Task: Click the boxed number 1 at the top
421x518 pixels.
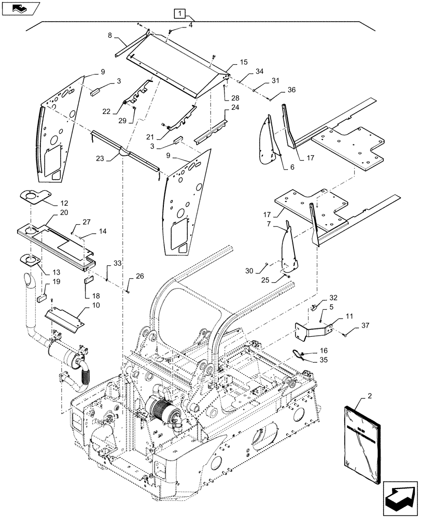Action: [178, 13]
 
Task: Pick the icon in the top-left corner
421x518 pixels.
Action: [19, 8]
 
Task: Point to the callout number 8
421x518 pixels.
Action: [110, 36]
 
